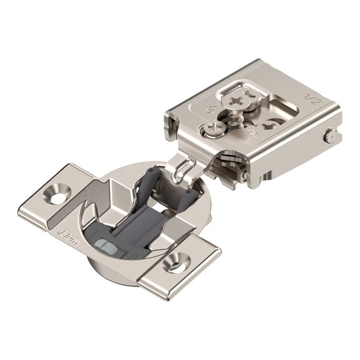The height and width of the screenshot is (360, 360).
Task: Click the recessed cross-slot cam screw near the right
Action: [271, 126]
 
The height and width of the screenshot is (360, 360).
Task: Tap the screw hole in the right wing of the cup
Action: [176, 263]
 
